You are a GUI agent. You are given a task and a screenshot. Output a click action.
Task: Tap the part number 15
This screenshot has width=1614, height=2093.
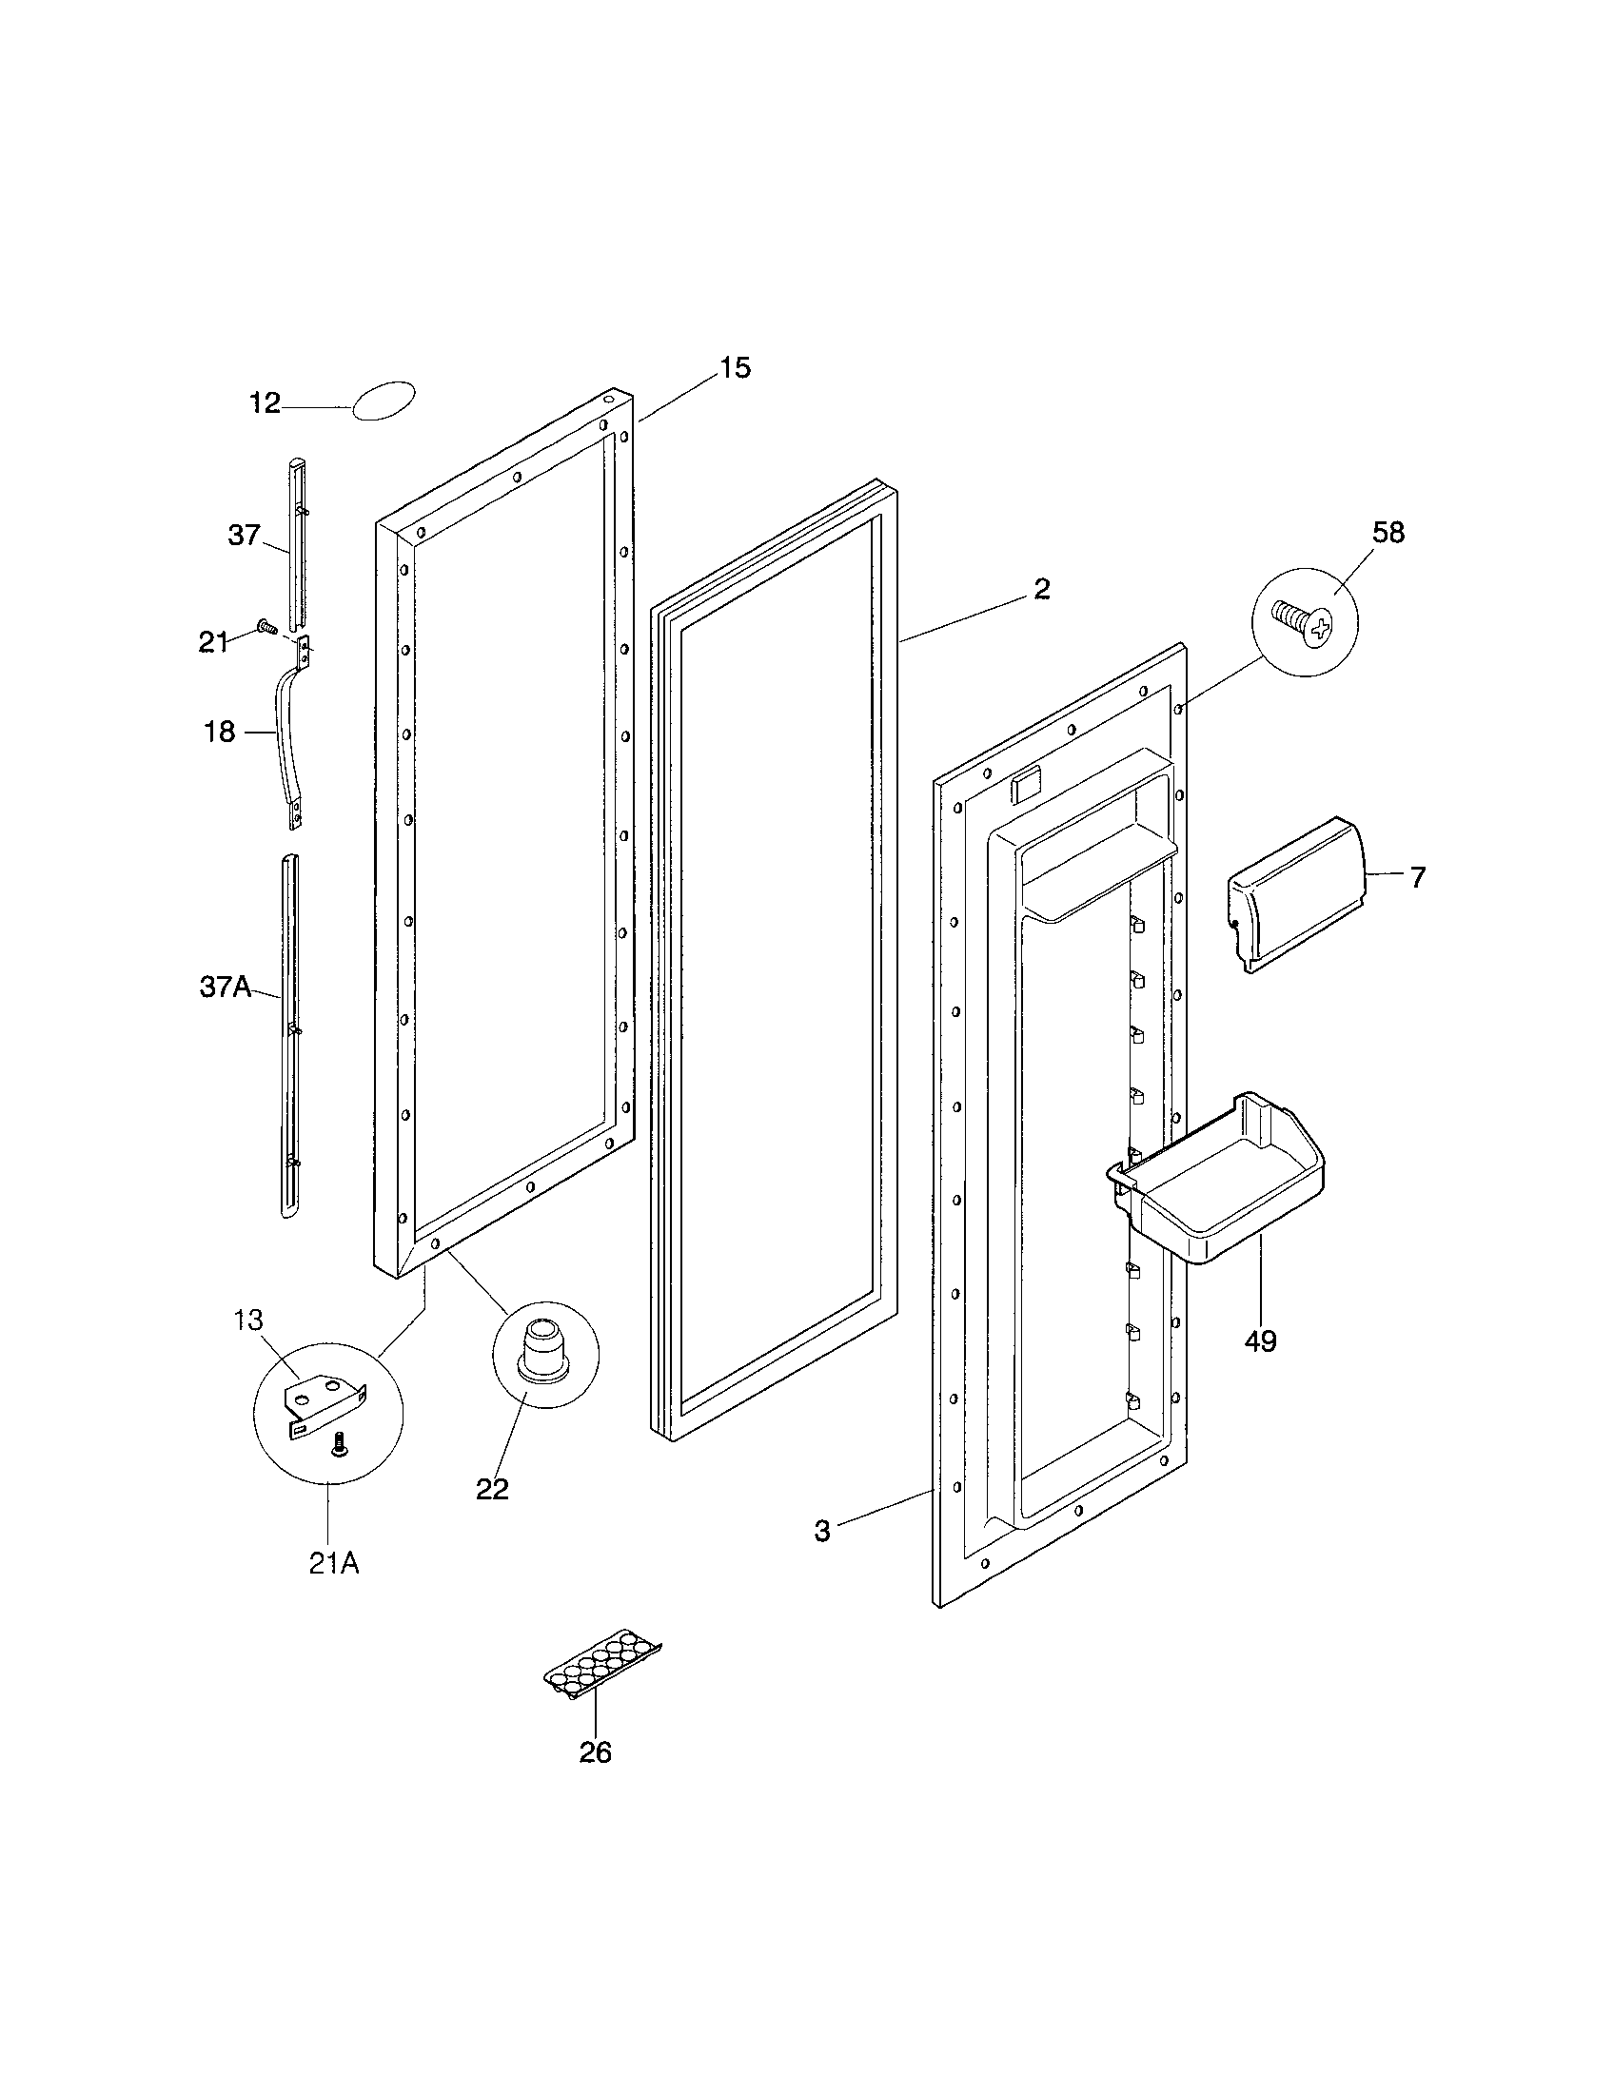pyautogui.click(x=735, y=368)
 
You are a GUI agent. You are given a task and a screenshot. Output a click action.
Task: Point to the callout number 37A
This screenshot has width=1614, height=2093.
pyautogui.click(x=226, y=988)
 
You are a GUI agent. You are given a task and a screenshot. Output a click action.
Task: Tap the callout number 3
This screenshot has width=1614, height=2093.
pyautogui.click(x=822, y=1532)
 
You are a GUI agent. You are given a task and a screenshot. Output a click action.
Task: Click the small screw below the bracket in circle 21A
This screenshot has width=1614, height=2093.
pyautogui.click(x=338, y=1444)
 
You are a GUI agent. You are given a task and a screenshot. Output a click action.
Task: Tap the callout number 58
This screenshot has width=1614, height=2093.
pyautogui.click(x=1388, y=533)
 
